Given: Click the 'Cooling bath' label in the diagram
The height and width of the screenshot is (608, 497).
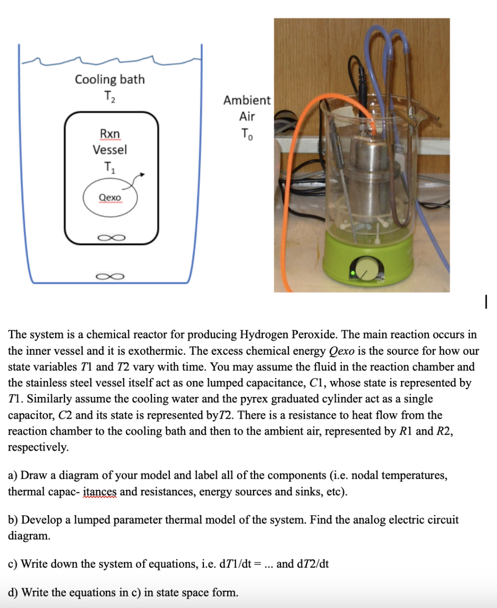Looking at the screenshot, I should [x=110, y=79].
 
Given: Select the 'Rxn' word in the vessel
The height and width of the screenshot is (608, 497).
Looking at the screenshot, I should [x=110, y=134].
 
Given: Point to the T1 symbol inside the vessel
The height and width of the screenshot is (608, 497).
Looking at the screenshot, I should [x=110, y=167].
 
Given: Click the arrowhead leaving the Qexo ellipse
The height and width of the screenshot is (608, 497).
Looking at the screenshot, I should [x=144, y=174].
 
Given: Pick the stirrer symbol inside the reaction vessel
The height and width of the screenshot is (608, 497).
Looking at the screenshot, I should [x=110, y=237].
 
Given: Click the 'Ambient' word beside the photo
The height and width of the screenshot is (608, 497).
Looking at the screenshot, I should [x=247, y=100].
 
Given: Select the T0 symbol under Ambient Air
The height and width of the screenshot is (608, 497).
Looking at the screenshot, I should [x=247, y=134].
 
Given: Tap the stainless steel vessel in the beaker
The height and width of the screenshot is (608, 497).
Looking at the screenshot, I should [x=368, y=179].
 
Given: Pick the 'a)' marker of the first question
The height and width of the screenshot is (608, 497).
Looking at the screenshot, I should [x=13, y=475].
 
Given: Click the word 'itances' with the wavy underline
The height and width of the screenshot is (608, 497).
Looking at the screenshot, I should [x=99, y=492].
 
